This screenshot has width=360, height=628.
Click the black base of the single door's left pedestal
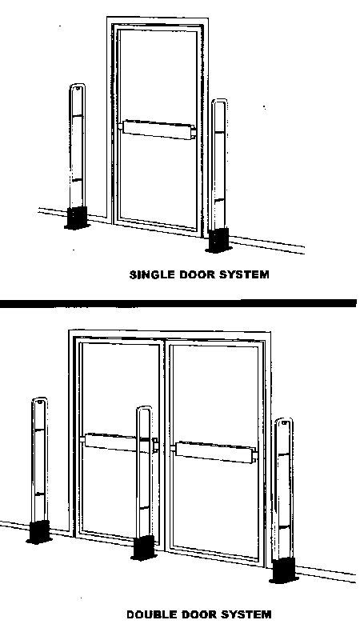tap(78, 218)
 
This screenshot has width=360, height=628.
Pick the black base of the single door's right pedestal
tap(218, 240)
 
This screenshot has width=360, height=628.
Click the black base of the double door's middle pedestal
tap(143, 547)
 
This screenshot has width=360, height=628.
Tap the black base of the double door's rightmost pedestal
tap(283, 570)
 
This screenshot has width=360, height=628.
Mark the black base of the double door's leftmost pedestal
tap(39, 532)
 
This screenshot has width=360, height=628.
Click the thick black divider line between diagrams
tap(178, 303)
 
